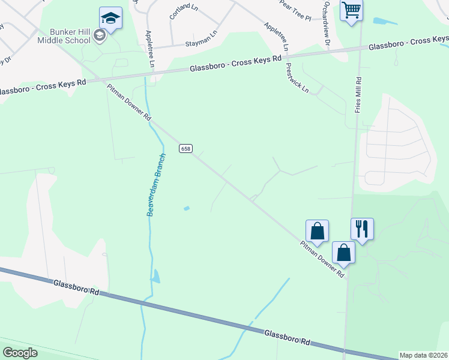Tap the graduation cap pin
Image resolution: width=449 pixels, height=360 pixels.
pos(110,18)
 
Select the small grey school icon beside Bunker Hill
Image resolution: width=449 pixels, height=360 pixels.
pos(100,36)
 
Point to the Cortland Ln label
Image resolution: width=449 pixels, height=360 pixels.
pos(183,12)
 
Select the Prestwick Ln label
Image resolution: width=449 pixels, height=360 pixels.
pos(297,78)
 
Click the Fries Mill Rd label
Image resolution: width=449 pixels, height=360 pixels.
pos(358,94)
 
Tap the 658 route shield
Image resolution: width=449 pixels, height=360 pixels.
pos(185,148)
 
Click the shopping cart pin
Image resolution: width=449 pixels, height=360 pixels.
pos(351,10)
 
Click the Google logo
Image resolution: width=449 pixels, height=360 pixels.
pos(20,352)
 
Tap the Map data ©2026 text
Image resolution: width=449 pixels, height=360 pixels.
pos(423,355)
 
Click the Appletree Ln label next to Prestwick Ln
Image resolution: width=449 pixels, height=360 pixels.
pos(277,36)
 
